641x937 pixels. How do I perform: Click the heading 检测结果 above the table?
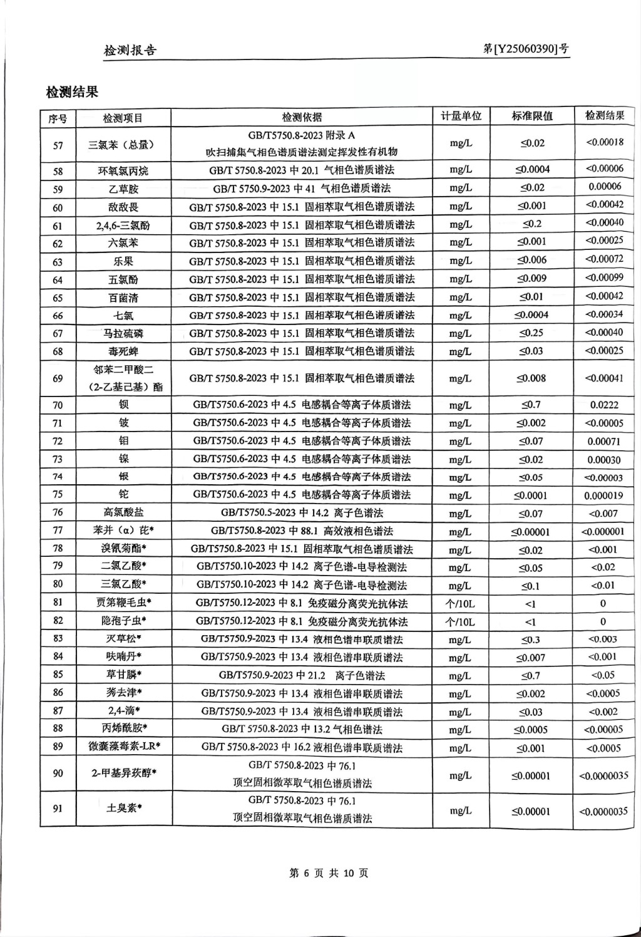(72, 93)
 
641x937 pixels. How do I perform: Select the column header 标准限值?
(532, 116)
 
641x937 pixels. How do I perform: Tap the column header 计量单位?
(461, 116)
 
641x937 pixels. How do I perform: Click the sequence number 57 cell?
(58, 145)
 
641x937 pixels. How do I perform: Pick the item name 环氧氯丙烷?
(123, 170)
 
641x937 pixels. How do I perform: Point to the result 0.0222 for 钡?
(604, 405)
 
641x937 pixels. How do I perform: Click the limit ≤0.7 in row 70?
(531, 405)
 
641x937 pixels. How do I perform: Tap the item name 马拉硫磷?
(123, 333)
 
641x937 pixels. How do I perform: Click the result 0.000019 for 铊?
(603, 495)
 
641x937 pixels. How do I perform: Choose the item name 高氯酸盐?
(123, 513)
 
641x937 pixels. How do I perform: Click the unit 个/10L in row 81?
(460, 604)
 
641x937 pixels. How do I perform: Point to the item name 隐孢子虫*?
(123, 621)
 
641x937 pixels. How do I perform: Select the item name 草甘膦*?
(123, 675)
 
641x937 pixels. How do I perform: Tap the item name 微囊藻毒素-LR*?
(124, 747)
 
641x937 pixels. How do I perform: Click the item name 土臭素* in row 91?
(123, 808)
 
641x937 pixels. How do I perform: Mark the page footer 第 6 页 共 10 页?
(328, 873)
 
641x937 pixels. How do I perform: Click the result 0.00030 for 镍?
(604, 460)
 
